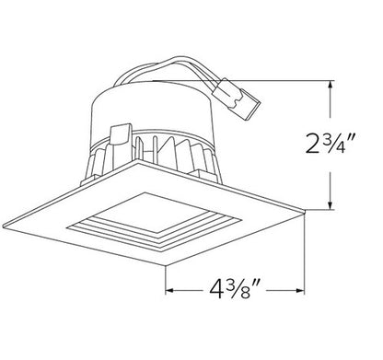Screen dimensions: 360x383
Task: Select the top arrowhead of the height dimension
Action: [329, 83]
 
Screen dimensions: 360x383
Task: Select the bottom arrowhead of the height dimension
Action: [329, 209]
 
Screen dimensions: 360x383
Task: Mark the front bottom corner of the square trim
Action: [167, 264]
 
